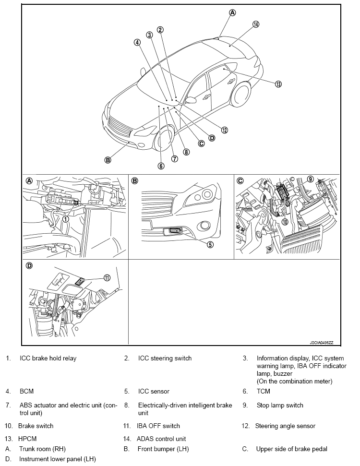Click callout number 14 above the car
click(256, 24)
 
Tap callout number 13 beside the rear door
click(278, 84)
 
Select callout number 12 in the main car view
click(225, 130)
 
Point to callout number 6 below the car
click(161, 166)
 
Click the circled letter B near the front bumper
click(108, 160)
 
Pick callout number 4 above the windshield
click(137, 43)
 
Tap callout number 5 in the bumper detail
click(210, 244)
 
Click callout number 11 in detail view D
click(107, 277)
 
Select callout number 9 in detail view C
click(310, 179)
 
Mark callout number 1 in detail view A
click(65, 219)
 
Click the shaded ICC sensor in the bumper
click(176, 230)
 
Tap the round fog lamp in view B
click(205, 226)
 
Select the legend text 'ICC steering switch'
click(165, 358)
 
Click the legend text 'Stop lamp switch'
click(280, 405)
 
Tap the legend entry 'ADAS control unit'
click(161, 439)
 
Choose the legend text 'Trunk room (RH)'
click(42, 449)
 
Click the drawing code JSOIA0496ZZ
click(321, 343)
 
